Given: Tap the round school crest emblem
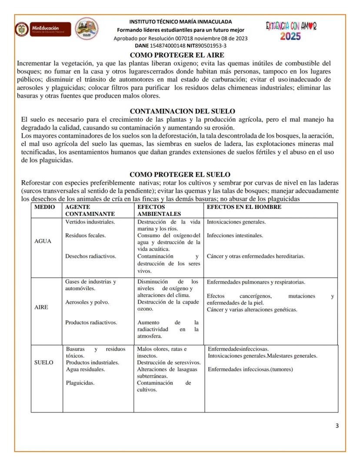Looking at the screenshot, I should (x=87, y=30).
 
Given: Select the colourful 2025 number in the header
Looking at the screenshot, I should (x=290, y=37).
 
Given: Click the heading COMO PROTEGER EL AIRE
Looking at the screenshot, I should (x=177, y=55).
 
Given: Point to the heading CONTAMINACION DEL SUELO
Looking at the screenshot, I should (x=183, y=111).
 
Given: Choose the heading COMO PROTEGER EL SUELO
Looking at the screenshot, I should (x=180, y=174).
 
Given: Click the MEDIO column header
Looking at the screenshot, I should (x=45, y=207).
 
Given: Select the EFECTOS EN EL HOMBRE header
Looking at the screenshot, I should (x=244, y=207).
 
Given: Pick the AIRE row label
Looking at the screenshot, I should (x=41, y=307).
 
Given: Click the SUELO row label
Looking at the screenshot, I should (x=44, y=362).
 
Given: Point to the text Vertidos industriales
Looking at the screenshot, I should (x=90, y=222).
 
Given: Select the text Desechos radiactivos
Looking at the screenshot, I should (x=90, y=256).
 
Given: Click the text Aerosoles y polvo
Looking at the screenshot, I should (x=87, y=302).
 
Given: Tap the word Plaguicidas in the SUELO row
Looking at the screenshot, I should (x=80, y=383).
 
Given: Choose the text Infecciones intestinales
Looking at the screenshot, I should (x=235, y=235).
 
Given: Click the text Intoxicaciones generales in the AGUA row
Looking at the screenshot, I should (x=236, y=222).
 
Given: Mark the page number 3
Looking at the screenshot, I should (x=337, y=426).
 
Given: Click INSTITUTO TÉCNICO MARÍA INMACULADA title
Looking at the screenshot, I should (x=180, y=21).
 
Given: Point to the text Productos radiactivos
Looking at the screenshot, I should (x=91, y=322).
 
